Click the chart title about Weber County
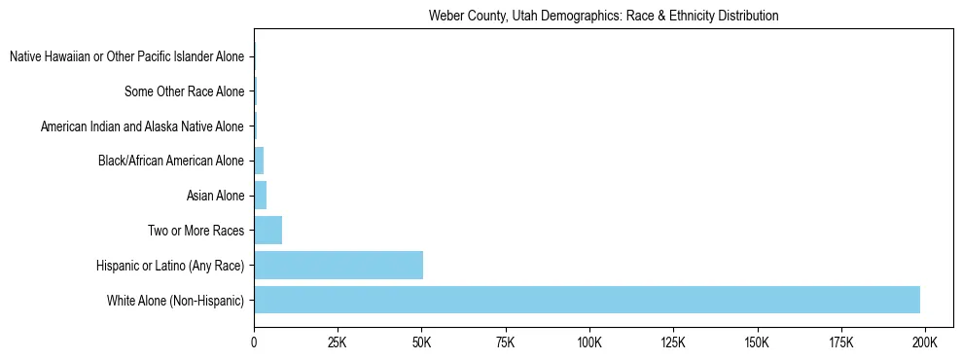pos(603,17)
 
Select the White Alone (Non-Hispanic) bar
pos(587,300)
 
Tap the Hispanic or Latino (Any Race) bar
pos(338,265)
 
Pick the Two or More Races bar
pos(267,231)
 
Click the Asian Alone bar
pos(260,196)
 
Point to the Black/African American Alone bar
pos(259,161)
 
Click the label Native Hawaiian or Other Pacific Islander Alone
pos(126,57)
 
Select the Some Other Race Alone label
pos(185,92)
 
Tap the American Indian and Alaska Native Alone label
pos(142,126)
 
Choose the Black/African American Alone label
pos(171,162)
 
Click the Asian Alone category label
pos(215,197)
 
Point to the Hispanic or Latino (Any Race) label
pos(170,266)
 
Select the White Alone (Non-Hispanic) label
pos(176,301)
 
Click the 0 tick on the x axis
pos(254,342)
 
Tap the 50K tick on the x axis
pos(421,342)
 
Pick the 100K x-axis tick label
pos(589,342)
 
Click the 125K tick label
pos(673,342)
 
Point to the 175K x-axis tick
pos(840,342)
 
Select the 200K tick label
pos(924,342)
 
